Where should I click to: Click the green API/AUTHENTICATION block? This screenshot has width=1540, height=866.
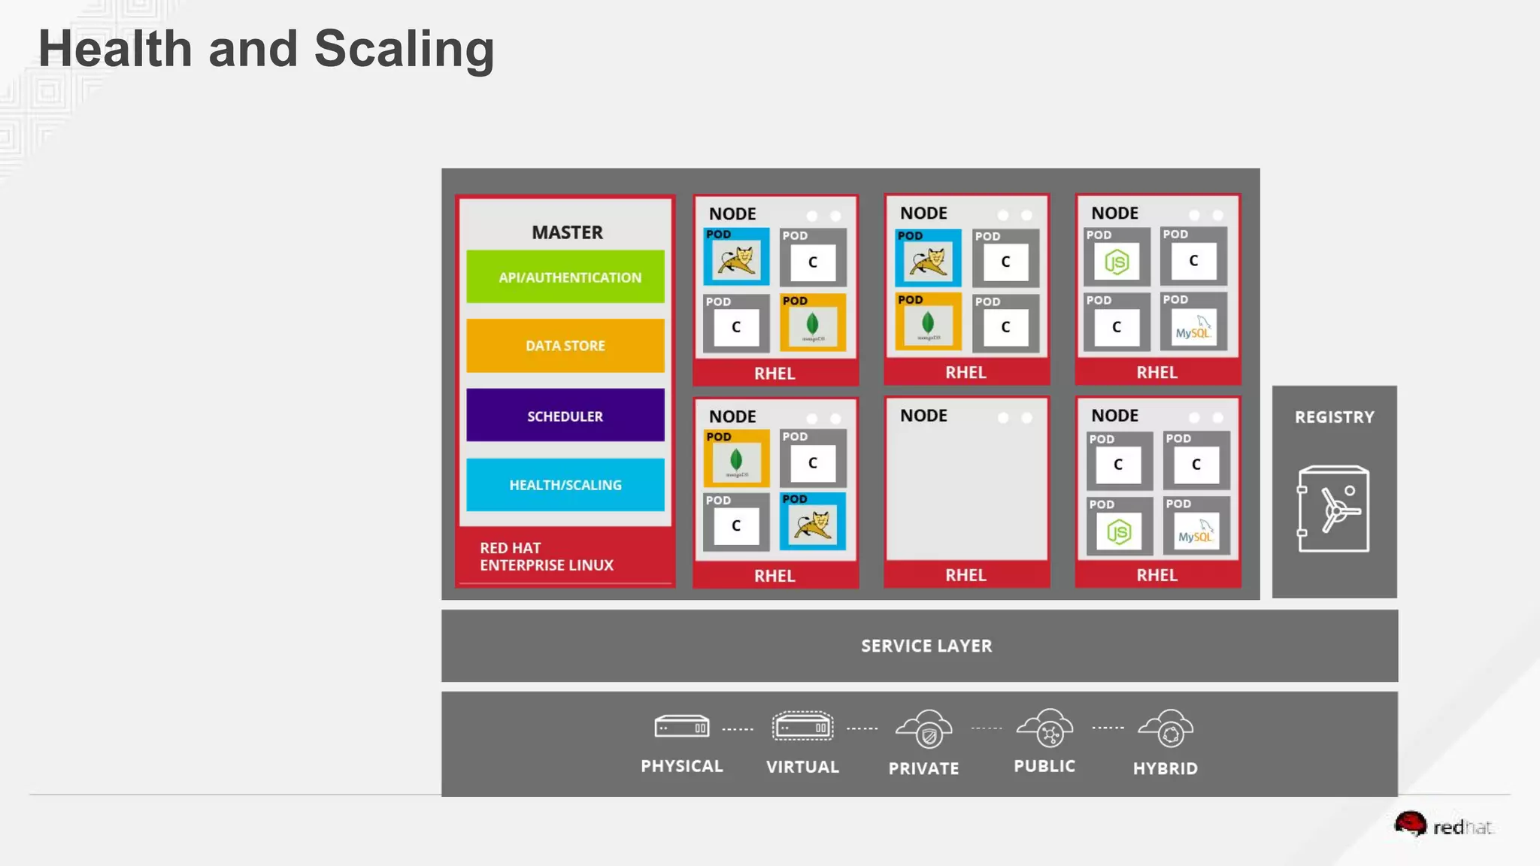click(x=565, y=277)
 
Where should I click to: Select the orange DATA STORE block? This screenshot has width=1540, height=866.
click(x=565, y=345)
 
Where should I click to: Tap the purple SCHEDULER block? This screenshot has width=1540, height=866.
click(x=565, y=415)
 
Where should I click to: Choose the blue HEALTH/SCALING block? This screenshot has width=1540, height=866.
click(x=565, y=485)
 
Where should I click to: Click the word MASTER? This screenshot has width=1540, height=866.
click(x=567, y=232)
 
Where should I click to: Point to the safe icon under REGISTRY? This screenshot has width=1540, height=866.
click(x=1333, y=509)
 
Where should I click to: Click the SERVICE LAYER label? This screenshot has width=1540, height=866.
click(x=926, y=646)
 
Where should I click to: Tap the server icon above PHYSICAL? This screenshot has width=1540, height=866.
click(x=681, y=727)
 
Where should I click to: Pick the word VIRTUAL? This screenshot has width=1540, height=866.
click(x=802, y=767)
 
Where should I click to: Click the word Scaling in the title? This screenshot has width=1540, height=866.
click(x=404, y=49)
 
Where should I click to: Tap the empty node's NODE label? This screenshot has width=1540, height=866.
click(x=923, y=416)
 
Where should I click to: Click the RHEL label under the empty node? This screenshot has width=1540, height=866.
click(x=966, y=575)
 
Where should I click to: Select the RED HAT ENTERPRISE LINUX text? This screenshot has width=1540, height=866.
click(x=546, y=556)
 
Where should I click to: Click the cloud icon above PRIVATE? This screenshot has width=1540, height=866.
click(x=924, y=728)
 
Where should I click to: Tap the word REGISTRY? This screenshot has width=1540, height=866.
click(x=1334, y=417)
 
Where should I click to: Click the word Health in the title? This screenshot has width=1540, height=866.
click(x=115, y=49)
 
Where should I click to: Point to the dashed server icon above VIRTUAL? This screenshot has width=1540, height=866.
click(x=802, y=727)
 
